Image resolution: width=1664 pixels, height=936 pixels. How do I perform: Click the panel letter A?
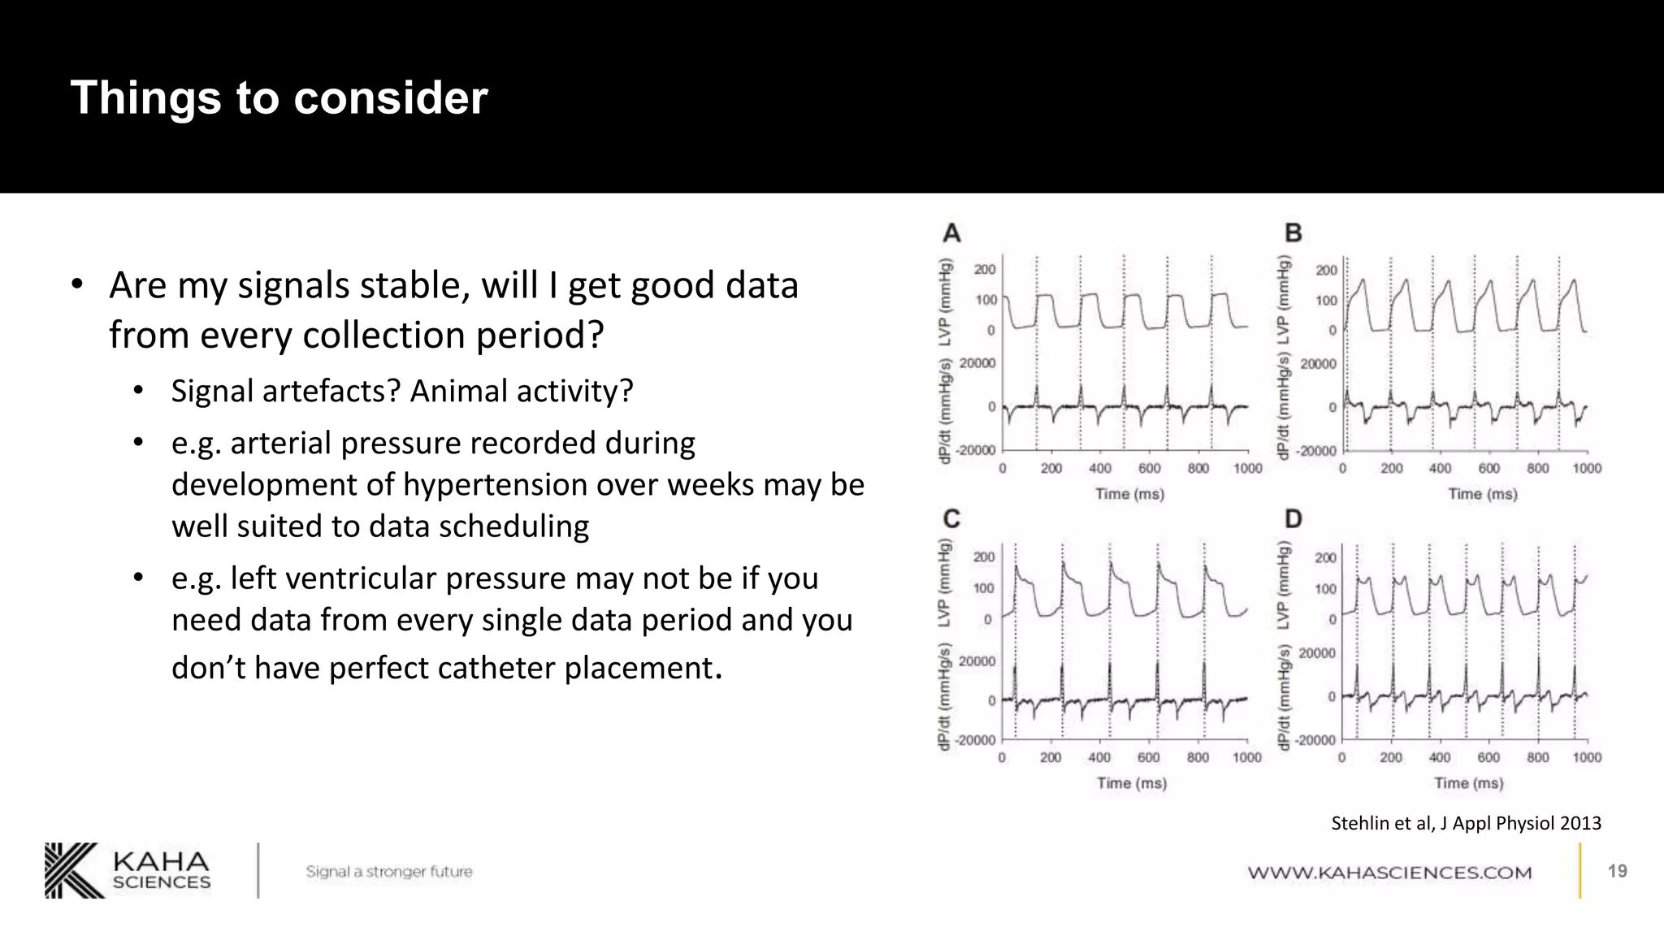pyautogui.click(x=951, y=233)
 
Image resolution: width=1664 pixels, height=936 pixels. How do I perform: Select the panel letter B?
pyautogui.click(x=1293, y=233)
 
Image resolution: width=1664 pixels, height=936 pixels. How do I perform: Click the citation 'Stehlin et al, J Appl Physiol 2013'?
pyautogui.click(x=1466, y=823)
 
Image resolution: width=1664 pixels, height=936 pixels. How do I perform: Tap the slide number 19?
pyautogui.click(x=1617, y=871)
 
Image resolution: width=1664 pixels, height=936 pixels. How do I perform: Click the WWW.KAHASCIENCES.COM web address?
pyautogui.click(x=1389, y=873)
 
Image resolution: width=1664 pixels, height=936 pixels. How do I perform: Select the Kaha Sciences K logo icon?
pyautogui.click(x=74, y=870)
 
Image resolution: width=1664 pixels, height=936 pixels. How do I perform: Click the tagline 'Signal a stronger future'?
pyautogui.click(x=388, y=872)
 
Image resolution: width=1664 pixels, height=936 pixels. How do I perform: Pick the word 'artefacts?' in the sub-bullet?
pyautogui.click(x=351, y=391)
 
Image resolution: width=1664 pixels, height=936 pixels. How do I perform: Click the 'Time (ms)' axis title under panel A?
pyautogui.click(x=1129, y=494)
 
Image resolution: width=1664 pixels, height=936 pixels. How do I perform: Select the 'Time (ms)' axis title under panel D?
pyautogui.click(x=1468, y=783)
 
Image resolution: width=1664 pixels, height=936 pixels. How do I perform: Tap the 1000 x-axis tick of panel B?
pyautogui.click(x=1586, y=469)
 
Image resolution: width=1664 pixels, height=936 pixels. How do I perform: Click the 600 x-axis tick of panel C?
pyautogui.click(x=1148, y=758)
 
